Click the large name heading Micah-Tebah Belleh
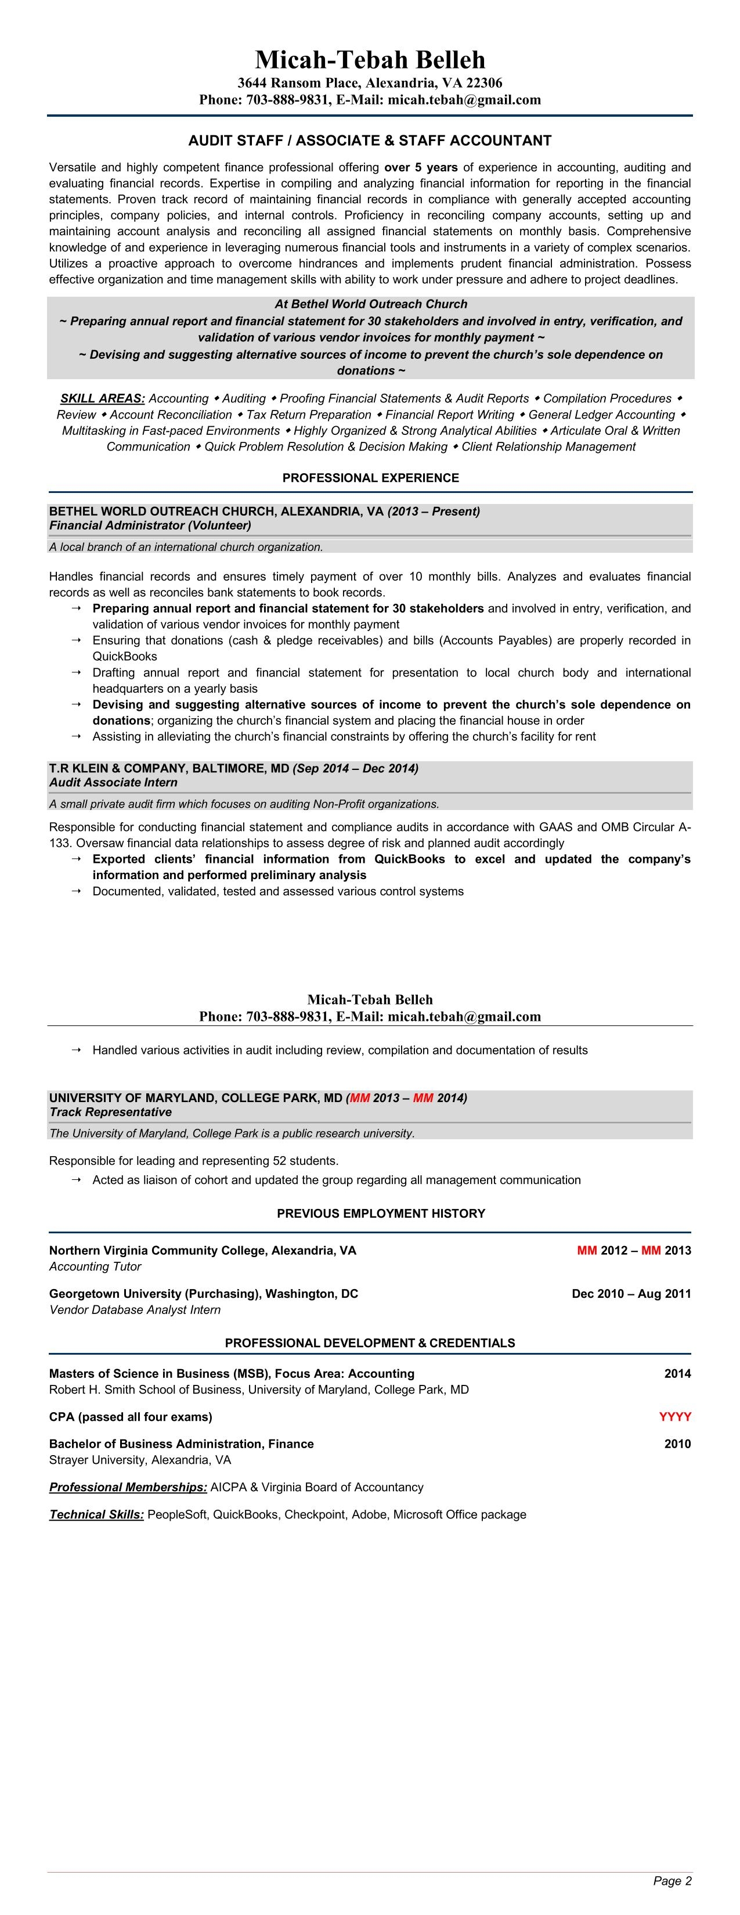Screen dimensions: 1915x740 pyautogui.click(x=370, y=59)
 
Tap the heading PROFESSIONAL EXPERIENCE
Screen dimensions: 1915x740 pyautogui.click(x=370, y=478)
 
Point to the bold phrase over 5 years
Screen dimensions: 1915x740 pyautogui.click(x=421, y=167)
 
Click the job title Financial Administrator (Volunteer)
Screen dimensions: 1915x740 pyautogui.click(x=150, y=525)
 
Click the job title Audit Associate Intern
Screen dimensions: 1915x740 pyautogui.click(x=113, y=782)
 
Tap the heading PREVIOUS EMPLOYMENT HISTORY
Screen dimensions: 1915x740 pyautogui.click(x=380, y=1213)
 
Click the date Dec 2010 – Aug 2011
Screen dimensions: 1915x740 pyautogui.click(x=631, y=1294)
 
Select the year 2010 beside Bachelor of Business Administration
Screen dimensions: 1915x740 pyautogui.click(x=677, y=1444)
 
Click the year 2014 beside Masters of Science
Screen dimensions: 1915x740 pyautogui.click(x=677, y=1374)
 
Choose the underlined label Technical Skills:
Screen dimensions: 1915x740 pyautogui.click(x=96, y=1514)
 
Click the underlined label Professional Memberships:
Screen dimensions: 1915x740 pyautogui.click(x=128, y=1487)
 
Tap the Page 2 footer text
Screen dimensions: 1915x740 pyautogui.click(x=672, y=1881)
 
